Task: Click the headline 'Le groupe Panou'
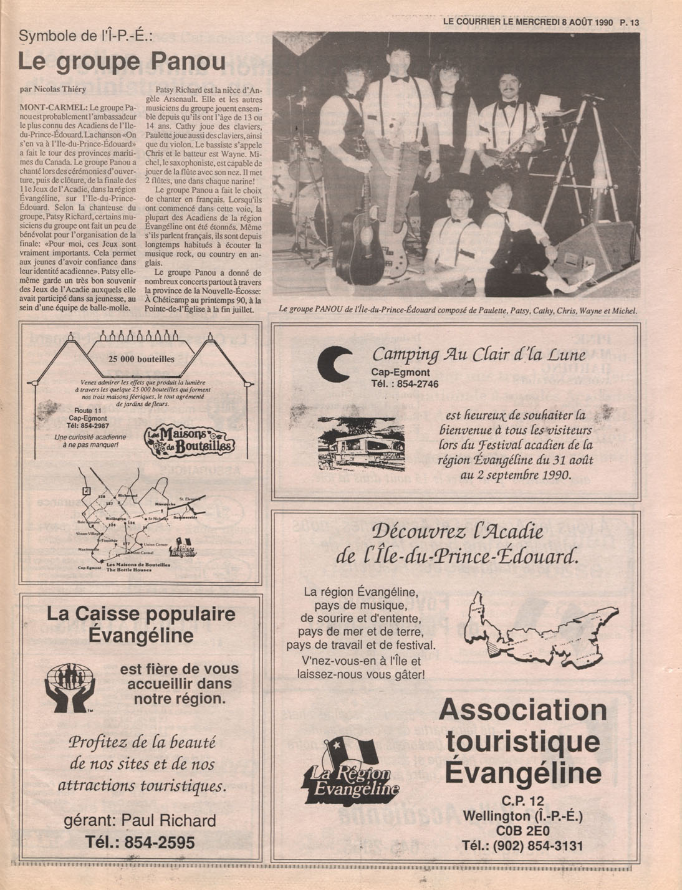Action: click(x=122, y=62)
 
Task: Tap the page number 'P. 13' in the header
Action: click(x=630, y=22)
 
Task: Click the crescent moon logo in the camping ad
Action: click(x=334, y=365)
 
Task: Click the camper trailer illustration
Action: click(x=360, y=444)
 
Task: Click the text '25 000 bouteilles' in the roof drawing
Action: click(x=141, y=359)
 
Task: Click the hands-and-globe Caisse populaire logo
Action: click(x=70, y=688)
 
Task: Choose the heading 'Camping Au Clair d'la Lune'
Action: click(x=478, y=355)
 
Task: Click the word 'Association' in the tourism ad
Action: click(x=522, y=710)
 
